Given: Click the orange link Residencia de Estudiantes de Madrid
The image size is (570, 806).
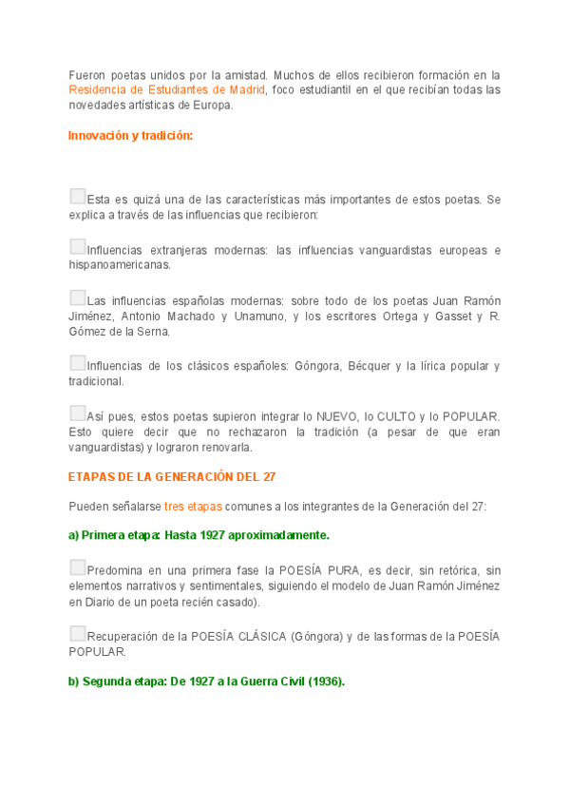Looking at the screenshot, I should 166,90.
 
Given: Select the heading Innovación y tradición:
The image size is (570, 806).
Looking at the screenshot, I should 130,136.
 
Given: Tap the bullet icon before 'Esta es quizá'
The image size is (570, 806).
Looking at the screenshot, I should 77,197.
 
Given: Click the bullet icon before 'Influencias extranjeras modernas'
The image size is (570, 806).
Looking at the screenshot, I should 77,246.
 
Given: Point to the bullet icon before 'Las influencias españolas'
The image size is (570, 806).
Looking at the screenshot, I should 77,297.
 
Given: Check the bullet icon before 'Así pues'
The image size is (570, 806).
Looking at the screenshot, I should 77,413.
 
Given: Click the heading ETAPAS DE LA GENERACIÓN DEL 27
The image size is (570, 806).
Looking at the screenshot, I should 172,476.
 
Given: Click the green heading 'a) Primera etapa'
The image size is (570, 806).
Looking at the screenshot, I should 199,535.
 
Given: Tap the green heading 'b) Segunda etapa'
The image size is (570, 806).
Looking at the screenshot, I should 206,681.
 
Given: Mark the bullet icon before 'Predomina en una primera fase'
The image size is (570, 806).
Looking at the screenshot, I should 77,567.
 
